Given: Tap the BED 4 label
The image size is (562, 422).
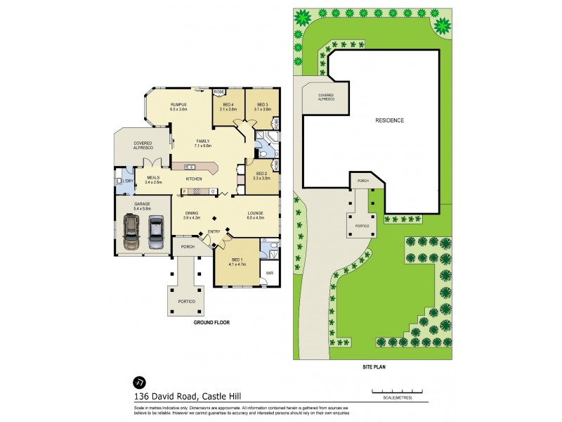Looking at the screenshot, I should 227,105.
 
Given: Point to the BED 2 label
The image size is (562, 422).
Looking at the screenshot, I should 261,173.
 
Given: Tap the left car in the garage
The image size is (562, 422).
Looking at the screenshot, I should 131,232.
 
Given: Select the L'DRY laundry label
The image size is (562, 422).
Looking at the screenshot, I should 126,181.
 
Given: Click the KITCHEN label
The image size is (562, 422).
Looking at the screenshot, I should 194,179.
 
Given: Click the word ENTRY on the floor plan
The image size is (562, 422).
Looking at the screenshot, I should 214,231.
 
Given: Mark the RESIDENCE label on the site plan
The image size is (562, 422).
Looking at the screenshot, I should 390,120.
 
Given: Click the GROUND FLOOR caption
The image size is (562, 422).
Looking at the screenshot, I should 211,322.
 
